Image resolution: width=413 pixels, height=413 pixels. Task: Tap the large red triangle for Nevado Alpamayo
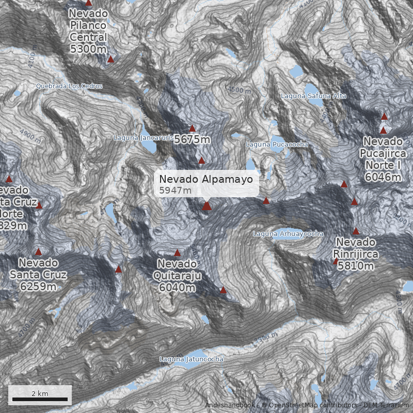tap(207, 206)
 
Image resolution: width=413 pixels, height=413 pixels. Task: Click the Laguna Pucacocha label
tap(277, 145)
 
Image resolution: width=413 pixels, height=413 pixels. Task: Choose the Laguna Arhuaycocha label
tap(288, 234)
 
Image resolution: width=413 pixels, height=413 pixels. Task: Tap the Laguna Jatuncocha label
tap(192, 359)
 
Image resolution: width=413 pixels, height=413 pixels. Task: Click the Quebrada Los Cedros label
tap(69, 86)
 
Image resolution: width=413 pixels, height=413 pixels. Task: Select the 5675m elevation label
tap(192, 139)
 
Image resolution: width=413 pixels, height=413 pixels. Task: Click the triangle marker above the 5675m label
tap(193, 129)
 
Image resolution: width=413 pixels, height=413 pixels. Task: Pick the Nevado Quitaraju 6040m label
tap(177, 275)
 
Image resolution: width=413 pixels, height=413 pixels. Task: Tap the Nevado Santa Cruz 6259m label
tap(38, 274)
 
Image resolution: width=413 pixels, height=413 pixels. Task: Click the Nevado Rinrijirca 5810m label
tap(356, 253)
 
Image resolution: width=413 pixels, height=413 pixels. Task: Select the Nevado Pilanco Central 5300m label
tap(88, 30)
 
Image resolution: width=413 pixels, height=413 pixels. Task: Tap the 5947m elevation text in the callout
tap(175, 190)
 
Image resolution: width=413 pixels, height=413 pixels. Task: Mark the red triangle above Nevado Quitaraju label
tap(178, 253)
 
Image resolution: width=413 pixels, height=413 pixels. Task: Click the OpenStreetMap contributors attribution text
tap(309, 405)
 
